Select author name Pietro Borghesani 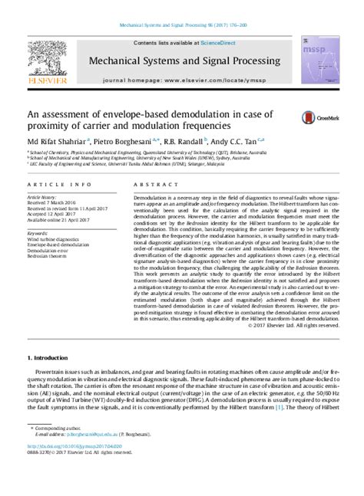(127, 141)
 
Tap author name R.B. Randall (191, 141)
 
